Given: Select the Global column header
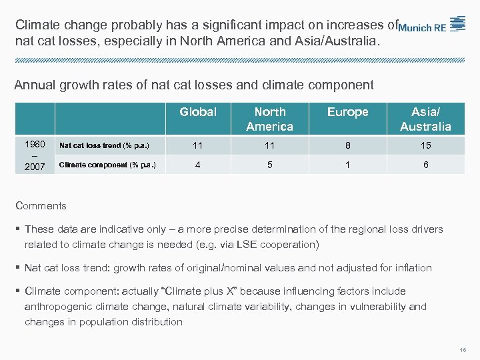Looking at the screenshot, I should (x=198, y=112).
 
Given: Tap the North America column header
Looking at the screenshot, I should (x=269, y=119).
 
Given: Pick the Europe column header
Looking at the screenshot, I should (x=347, y=112).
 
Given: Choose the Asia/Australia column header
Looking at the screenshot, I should (x=425, y=119).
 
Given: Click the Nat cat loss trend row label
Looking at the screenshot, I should (x=104, y=145).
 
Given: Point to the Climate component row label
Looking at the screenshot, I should (x=107, y=165).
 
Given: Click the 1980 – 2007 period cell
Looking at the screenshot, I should (x=34, y=155).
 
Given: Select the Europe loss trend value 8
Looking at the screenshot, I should (x=347, y=145).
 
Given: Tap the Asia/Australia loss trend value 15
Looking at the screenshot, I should (x=425, y=145).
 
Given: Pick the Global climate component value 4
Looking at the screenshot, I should (x=198, y=165).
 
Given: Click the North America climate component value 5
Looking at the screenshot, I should (x=269, y=165).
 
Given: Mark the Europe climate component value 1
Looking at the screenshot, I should (x=347, y=165).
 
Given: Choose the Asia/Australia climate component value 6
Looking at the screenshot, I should (x=425, y=165).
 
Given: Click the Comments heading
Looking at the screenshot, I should (x=41, y=206).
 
